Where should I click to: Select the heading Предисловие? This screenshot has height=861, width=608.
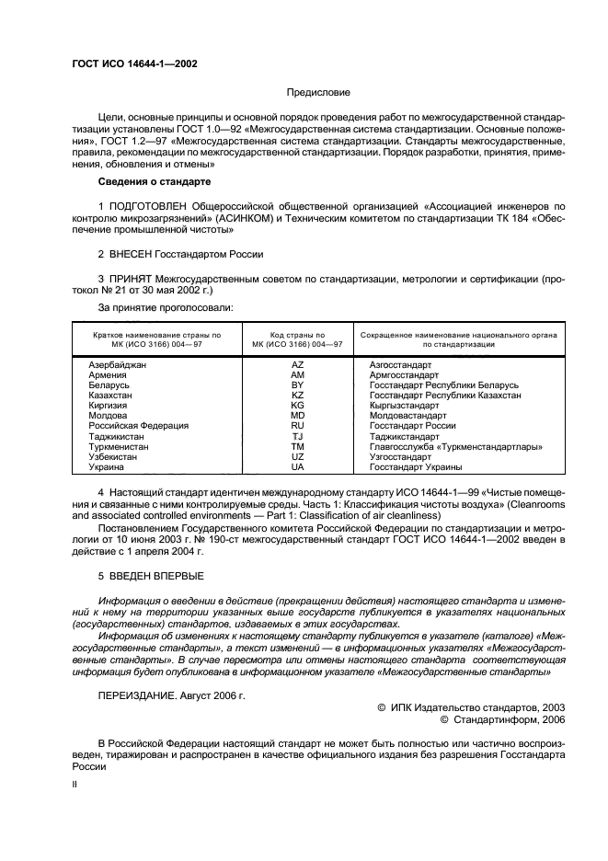(x=318, y=93)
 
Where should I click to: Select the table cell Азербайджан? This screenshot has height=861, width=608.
(x=118, y=365)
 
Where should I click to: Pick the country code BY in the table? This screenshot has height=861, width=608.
(x=297, y=385)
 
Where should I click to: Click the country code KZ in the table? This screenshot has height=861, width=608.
(x=297, y=395)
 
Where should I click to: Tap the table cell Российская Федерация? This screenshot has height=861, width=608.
(x=138, y=425)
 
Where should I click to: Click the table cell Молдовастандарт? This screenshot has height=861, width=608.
(x=407, y=415)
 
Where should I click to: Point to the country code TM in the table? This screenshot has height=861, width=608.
(x=297, y=446)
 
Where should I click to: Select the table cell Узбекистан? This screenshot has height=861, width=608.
(x=113, y=456)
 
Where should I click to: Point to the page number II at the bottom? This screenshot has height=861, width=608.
(x=76, y=785)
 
